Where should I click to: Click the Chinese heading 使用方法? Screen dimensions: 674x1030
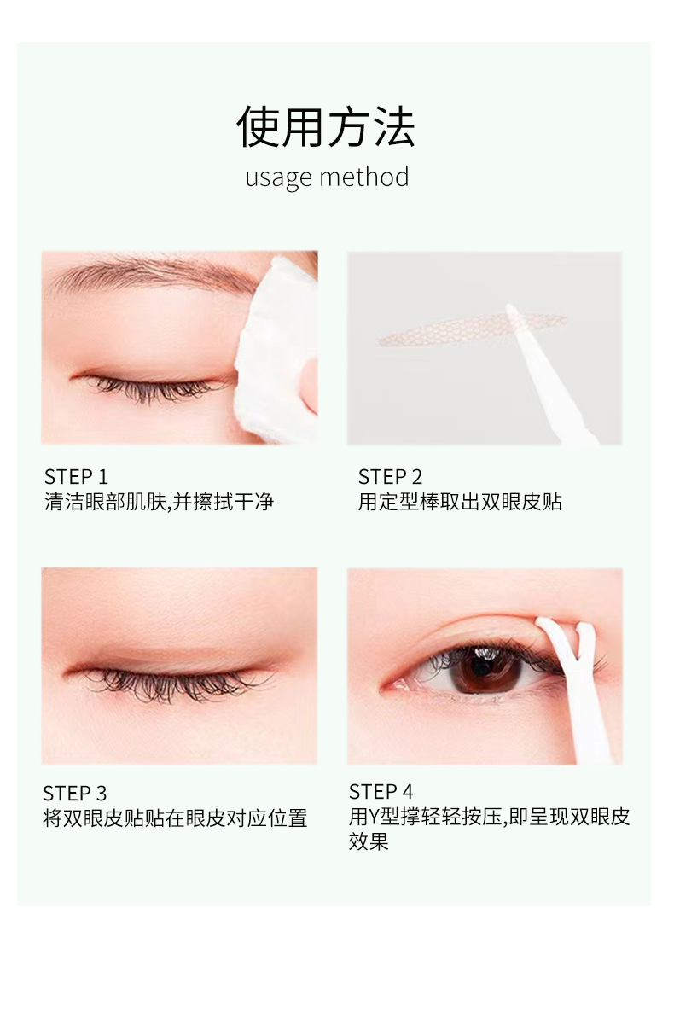coord(326,126)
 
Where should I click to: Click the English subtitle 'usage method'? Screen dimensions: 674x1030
coord(327,177)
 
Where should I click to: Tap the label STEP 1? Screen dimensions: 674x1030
coord(76,477)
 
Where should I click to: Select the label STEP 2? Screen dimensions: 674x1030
coord(390,477)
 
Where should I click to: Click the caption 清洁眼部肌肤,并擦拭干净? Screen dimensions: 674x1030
coord(159,502)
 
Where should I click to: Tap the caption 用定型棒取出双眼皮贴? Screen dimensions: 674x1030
coord(460,502)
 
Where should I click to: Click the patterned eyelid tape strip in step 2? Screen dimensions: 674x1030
coord(471,329)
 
